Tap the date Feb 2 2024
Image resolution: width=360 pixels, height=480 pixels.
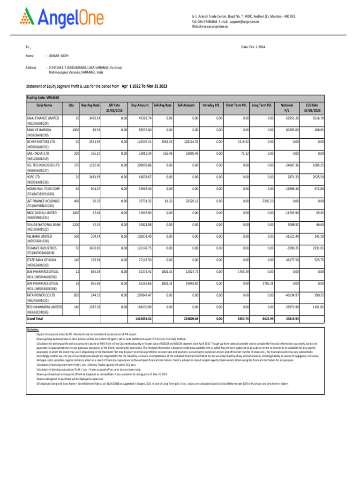pyautogui.click(x=254, y=47)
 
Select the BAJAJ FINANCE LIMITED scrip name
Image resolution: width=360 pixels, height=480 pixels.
pyautogui.click(x=43, y=118)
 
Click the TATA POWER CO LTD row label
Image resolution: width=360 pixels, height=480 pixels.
pyautogui.click(x=41, y=295)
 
